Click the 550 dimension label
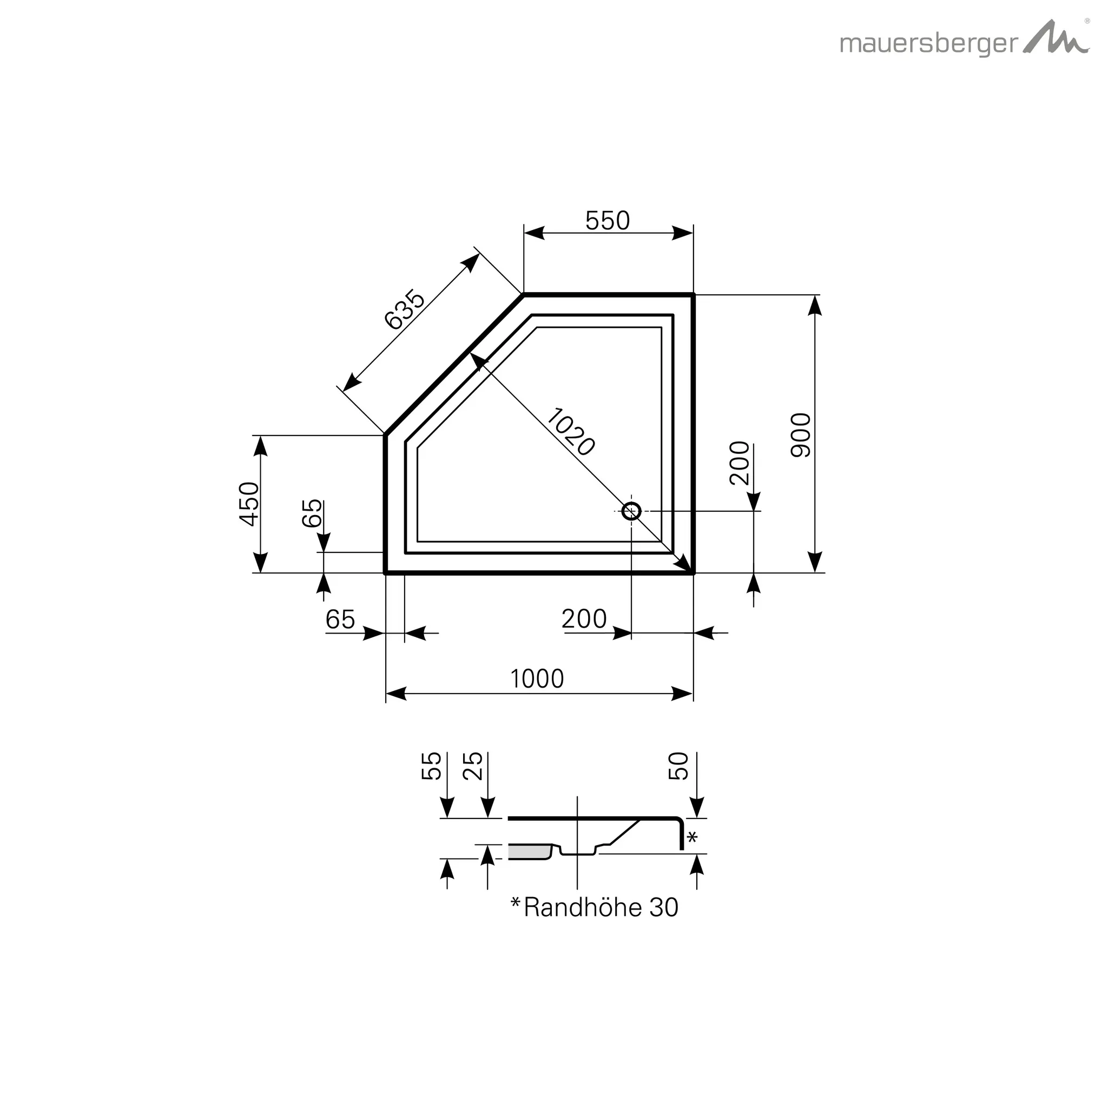(608, 221)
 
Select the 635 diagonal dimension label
(404, 310)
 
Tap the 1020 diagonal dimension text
(570, 432)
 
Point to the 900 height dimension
(801, 435)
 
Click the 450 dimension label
(249, 504)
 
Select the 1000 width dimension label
(537, 679)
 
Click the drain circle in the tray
(631, 510)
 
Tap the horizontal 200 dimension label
(584, 619)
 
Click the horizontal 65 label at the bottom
(340, 619)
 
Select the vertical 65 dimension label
(312, 513)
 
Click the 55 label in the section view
(431, 766)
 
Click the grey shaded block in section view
(529, 852)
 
